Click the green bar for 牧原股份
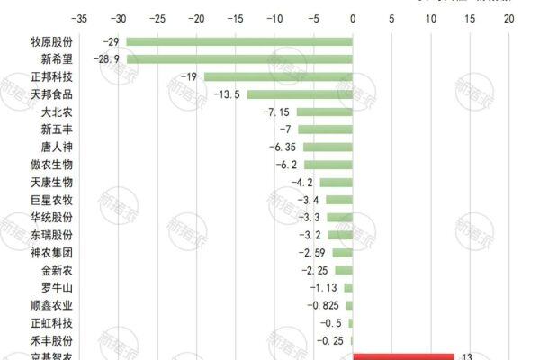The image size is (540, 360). click(238, 42)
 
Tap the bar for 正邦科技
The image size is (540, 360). click(278, 77)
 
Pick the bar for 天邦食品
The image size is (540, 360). click(300, 94)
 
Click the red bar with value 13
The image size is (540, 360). click(403, 356)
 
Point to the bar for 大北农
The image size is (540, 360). click(324, 112)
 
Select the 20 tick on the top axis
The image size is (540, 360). click(508, 17)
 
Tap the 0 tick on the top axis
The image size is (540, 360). click(352, 17)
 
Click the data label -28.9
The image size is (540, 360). click(114, 59)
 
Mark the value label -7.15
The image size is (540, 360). click(276, 112)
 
